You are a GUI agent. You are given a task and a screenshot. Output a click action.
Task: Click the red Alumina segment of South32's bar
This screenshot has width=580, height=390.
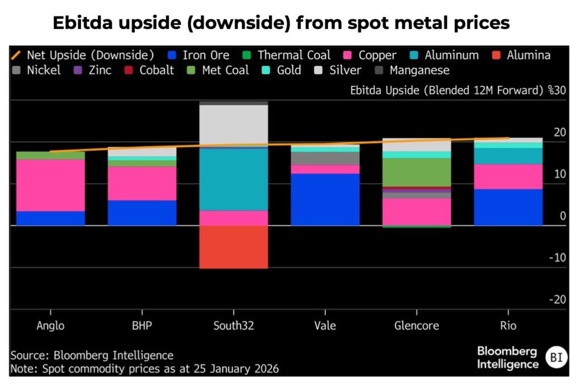[x=233, y=247]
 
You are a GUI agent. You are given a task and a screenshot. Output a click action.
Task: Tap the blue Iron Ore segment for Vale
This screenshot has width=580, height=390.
[x=325, y=199]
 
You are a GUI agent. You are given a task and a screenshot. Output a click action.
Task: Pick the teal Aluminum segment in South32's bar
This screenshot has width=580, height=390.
[x=233, y=179]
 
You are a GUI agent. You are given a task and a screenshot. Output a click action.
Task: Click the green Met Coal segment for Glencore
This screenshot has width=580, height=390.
[x=416, y=172]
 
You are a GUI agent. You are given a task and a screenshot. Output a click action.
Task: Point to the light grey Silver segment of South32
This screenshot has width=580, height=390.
[x=233, y=125]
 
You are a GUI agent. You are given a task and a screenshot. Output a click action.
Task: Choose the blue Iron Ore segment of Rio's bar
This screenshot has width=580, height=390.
[x=507, y=207]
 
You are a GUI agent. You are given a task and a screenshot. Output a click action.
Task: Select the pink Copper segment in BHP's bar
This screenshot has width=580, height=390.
[x=142, y=183]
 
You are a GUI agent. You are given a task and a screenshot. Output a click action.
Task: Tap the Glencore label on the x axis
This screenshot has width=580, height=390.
[x=416, y=326]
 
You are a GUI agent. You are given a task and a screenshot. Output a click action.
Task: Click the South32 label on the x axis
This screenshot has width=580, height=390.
[x=233, y=326]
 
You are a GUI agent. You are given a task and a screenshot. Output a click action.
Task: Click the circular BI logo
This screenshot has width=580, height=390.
[x=556, y=358]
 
